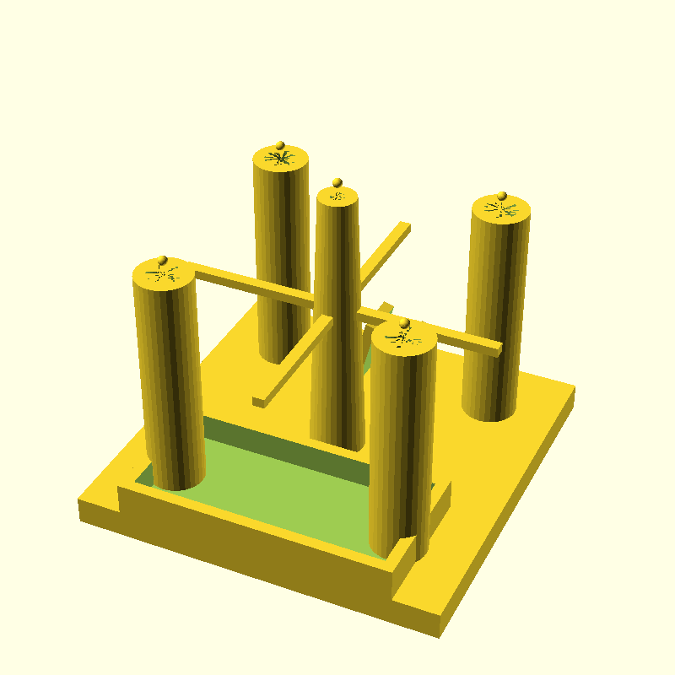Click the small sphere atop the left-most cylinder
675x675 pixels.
pyautogui.click(x=163, y=260)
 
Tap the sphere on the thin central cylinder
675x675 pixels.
pyautogui.click(x=337, y=183)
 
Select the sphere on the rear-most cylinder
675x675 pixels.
pyautogui.click(x=280, y=145)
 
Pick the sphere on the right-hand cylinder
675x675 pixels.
pyautogui.click(x=501, y=197)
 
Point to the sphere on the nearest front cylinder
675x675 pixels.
pyautogui.click(x=404, y=323)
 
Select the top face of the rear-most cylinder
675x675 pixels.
pyautogui.click(x=291, y=160)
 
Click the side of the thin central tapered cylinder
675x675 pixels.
pyautogui.click(x=337, y=337)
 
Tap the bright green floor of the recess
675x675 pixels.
pyautogui.click(x=278, y=489)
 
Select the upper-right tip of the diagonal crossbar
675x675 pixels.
pyautogui.click(x=404, y=225)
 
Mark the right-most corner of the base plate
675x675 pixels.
pyautogui.click(x=575, y=388)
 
